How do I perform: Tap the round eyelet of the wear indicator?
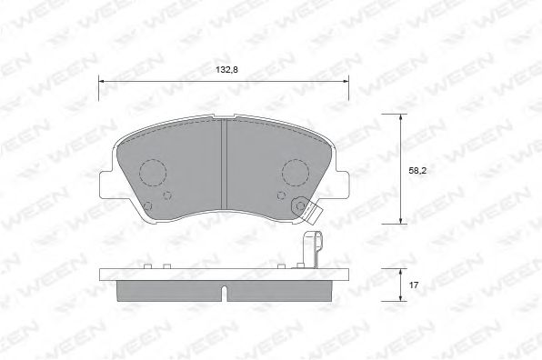tap(298, 207)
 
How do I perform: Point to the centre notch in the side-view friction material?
tap(224, 291)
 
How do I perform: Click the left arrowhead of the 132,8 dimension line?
tap(102, 81)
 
